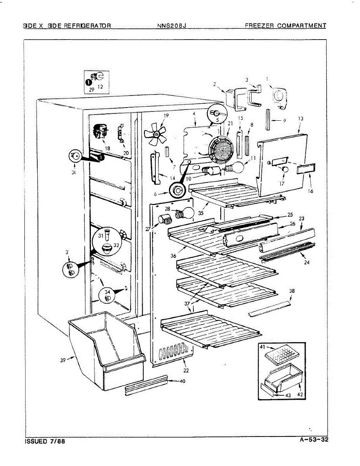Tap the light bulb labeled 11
[235, 167]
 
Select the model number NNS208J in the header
[172, 26]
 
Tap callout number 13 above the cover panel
[301, 119]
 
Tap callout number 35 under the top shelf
[200, 213]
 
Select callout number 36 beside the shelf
[173, 256]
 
